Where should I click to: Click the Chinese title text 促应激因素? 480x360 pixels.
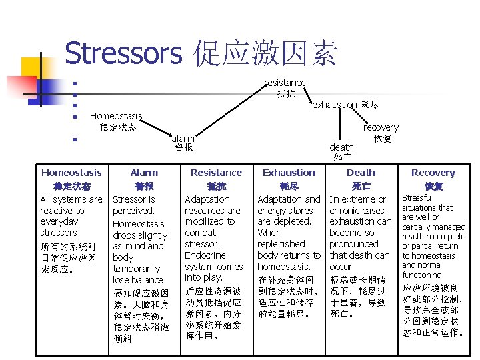coord(266,53)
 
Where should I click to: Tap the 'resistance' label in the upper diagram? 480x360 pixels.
coord(285,83)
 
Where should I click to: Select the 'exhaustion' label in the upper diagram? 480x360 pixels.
coord(335,105)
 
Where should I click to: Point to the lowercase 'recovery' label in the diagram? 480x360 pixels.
coord(381,127)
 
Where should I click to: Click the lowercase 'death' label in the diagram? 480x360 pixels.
coord(342,147)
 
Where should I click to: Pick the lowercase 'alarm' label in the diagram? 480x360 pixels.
coord(183,139)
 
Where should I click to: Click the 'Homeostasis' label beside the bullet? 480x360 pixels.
coord(116,116)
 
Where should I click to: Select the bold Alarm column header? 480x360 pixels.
coord(144,173)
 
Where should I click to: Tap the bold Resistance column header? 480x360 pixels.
coord(216,173)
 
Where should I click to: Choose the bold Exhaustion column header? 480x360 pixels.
coord(289,173)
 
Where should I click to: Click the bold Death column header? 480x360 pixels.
coord(361,173)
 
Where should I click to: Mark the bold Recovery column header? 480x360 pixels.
coord(433,173)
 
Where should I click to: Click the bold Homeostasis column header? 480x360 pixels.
coord(71,173)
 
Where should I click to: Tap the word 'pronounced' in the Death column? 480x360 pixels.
coord(354,244)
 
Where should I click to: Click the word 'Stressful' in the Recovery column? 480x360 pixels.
coord(417,198)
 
